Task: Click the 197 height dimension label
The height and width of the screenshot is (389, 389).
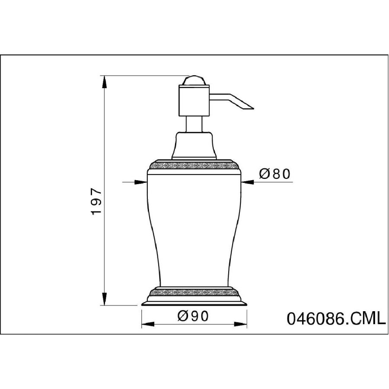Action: [x=96, y=201]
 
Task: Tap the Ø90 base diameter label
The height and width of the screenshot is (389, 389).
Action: [x=194, y=316]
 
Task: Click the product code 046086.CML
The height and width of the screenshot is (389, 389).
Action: [x=336, y=319]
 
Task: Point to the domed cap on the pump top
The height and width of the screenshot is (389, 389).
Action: [x=194, y=81]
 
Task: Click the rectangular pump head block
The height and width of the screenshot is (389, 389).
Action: [x=194, y=100]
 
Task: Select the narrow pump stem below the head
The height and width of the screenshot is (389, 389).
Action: [x=194, y=124]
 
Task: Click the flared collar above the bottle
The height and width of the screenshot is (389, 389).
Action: [x=194, y=146]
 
